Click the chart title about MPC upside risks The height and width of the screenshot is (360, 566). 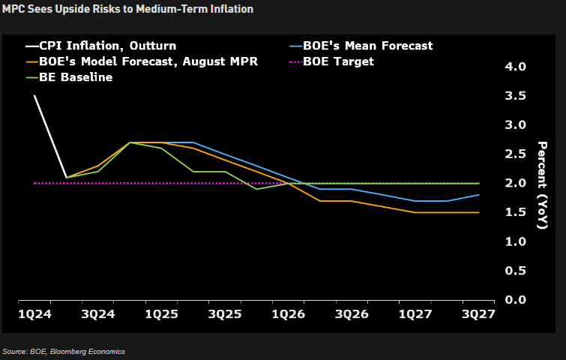pyautogui.click(x=127, y=9)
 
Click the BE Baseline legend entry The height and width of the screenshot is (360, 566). pyautogui.click(x=75, y=77)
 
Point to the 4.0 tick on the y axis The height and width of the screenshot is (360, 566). pyautogui.click(x=517, y=67)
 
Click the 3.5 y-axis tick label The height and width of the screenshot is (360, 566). pyautogui.click(x=517, y=96)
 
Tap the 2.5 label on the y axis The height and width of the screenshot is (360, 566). pyautogui.click(x=517, y=154)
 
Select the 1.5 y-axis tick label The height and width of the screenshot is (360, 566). pyautogui.click(x=517, y=212)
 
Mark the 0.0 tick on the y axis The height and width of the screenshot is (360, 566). pyautogui.click(x=517, y=300)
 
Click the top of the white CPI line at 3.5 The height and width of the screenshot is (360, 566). pyautogui.click(x=35, y=96)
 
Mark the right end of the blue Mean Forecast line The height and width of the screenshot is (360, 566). pyautogui.click(x=479, y=195)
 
